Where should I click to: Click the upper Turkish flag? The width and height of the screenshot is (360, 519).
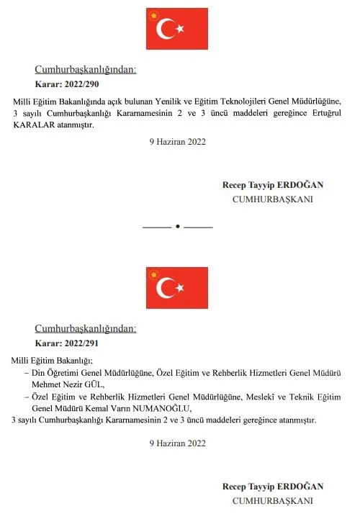point(176,28)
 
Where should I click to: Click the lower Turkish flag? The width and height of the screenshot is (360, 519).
point(176,287)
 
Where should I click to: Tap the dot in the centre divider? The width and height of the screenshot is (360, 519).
point(177,227)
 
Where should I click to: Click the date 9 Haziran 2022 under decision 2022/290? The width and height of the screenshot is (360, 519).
point(177,142)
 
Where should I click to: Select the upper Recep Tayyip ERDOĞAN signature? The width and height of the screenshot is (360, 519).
point(273,185)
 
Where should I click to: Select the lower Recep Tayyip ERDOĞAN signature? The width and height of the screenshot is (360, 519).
point(273,487)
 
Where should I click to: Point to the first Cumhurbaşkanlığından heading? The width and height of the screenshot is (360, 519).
point(85,70)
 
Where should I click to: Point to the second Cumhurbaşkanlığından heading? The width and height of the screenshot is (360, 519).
point(85,329)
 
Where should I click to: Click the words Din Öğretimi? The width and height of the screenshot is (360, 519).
point(60,373)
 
